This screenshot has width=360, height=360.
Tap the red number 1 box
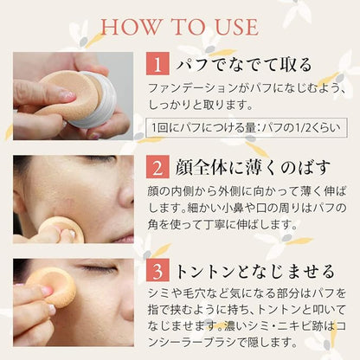coord(157,64)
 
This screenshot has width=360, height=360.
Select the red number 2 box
coord(157,167)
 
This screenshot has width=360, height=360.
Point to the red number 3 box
coord(157,271)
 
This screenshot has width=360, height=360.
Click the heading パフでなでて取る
coord(244,64)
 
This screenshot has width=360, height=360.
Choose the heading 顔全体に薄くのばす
coord(253,167)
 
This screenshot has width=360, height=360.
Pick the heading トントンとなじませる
coord(255,271)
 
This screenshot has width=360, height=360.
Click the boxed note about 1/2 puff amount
coord(247,127)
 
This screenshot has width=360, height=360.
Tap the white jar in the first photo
coord(98,100)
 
